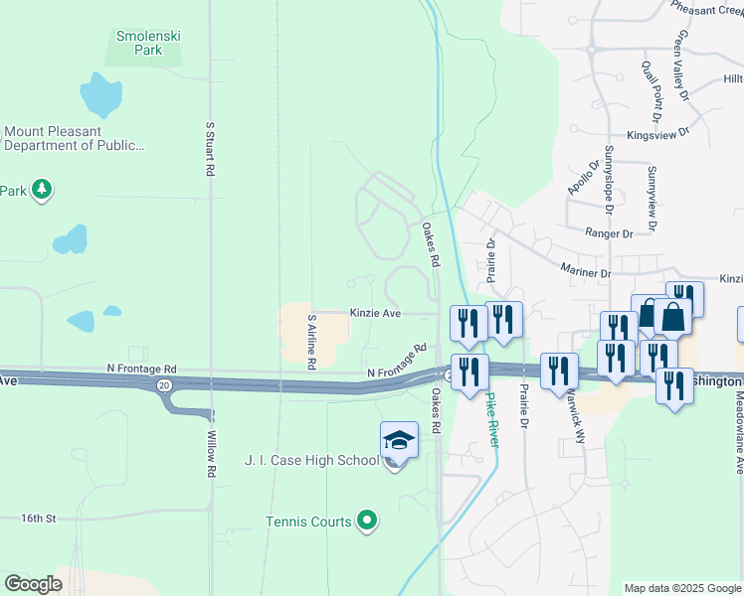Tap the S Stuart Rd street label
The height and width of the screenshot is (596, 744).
(x=210, y=149)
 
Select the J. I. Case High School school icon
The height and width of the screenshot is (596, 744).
(x=399, y=439)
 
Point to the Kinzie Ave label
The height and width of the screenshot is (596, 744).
(x=375, y=313)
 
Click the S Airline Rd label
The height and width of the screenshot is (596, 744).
(x=311, y=343)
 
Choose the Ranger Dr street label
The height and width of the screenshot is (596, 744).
(x=610, y=233)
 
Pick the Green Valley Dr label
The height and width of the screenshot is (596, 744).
(x=682, y=66)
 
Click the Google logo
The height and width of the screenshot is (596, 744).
(x=33, y=584)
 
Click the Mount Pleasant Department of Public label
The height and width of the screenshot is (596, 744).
(x=76, y=138)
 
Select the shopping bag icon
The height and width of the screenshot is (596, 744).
(x=673, y=318)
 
